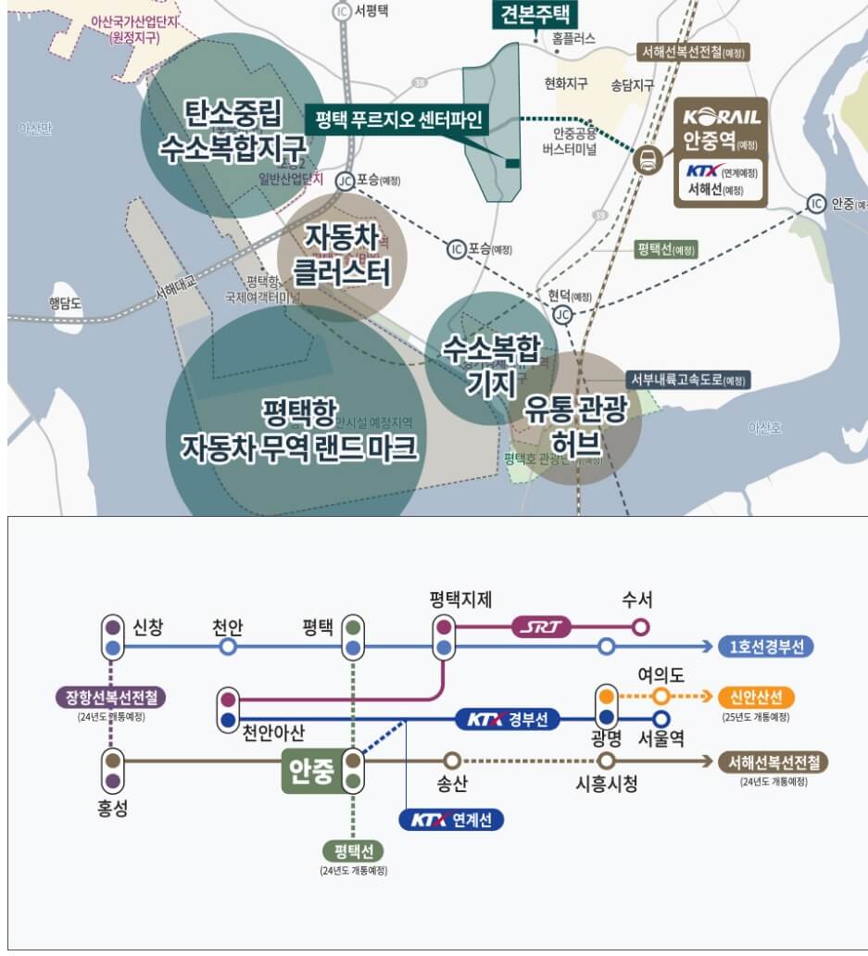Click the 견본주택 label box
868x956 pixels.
535,15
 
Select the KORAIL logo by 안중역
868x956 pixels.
722,117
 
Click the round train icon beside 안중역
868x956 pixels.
647,158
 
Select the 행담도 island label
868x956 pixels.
66,303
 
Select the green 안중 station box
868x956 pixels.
310,772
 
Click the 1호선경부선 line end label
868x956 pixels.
765,647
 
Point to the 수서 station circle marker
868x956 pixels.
639,627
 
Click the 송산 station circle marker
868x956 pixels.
452,761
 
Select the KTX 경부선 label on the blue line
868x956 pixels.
508,719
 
